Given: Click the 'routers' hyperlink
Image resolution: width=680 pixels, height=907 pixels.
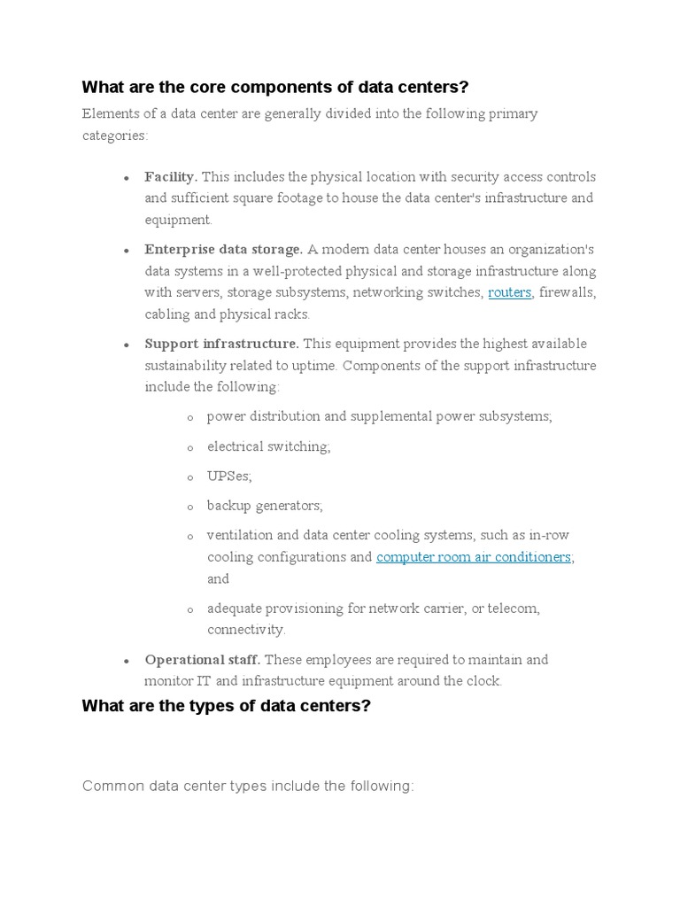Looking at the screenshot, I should [509, 292].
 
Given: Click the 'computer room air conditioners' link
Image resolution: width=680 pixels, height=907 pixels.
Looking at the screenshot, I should [475, 557].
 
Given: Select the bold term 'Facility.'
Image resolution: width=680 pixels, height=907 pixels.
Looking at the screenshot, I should [171, 177].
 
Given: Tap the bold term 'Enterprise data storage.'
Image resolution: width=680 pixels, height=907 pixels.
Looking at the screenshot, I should [224, 250].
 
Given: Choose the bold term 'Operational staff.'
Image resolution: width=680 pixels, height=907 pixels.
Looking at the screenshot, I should [203, 660].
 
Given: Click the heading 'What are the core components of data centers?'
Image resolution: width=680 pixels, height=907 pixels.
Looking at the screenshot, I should [274, 87].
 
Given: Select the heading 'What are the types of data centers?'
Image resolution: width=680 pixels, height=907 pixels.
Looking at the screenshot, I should [226, 706].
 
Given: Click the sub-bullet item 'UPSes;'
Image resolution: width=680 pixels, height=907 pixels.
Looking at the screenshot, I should [229, 477].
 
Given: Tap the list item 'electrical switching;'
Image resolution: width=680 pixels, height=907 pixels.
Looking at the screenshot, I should [268, 446].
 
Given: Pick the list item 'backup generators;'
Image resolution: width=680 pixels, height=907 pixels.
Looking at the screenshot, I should [265, 506].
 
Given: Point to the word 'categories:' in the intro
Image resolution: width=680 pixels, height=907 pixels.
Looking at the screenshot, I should [115, 136].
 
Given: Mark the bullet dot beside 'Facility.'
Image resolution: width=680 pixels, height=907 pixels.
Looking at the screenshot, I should [127, 178].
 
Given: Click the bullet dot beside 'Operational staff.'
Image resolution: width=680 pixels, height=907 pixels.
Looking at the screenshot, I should [127, 661].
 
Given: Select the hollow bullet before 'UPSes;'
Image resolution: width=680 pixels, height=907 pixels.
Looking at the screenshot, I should [190, 477].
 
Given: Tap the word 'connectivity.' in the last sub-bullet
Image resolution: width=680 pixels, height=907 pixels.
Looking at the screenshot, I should [246, 630].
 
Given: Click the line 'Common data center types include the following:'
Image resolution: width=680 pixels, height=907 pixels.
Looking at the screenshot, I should [248, 787].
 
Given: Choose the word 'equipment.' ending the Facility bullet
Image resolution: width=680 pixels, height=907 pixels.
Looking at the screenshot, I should [178, 220].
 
